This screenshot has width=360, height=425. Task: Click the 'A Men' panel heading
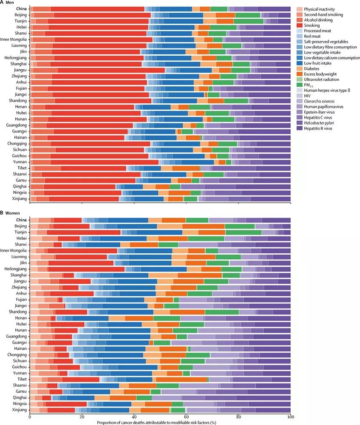(9, 3)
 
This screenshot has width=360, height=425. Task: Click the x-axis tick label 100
(290, 417)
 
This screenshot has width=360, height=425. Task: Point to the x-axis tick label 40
(134, 417)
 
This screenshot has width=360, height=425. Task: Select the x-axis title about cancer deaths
(160, 422)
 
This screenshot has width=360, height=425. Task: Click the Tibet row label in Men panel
(22, 168)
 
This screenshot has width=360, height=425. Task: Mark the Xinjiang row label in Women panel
(20, 410)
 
